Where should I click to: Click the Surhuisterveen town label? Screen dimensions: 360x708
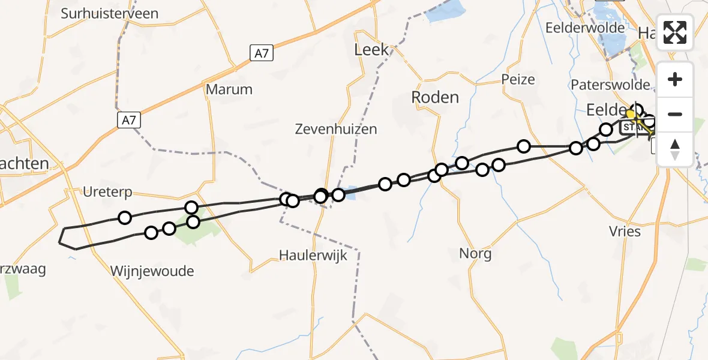point(109,13)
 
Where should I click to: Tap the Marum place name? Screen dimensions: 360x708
point(229,89)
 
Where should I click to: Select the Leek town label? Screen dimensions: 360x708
point(372,50)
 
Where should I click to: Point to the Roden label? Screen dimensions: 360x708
point(435,97)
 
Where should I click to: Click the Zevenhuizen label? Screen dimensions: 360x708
point(336,128)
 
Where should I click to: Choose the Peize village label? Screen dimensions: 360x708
point(518,79)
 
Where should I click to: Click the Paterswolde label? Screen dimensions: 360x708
point(610,84)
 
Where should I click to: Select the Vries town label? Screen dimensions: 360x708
point(625,232)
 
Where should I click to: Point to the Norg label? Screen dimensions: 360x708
point(475,253)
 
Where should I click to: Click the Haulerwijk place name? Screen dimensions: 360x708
point(313,255)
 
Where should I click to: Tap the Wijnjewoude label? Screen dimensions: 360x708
point(152,271)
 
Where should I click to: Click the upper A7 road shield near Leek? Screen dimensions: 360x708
point(262,53)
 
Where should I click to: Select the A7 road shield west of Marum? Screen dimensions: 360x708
point(128,121)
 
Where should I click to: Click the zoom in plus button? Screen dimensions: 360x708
point(675,80)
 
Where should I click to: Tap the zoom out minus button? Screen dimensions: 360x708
point(675,114)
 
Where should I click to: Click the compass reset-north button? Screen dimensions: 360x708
point(675,149)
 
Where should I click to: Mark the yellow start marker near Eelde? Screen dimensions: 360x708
point(631,113)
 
